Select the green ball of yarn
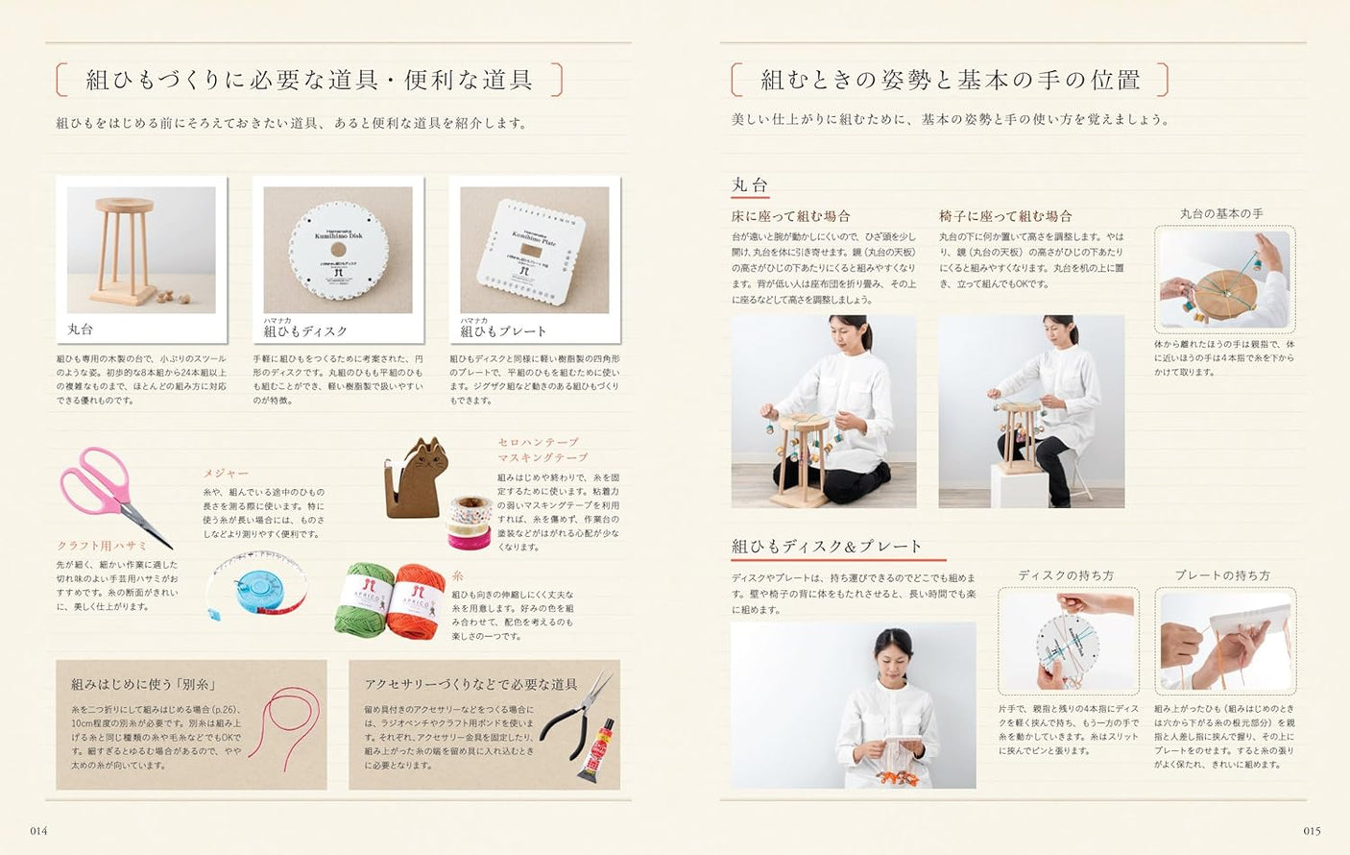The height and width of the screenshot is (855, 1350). [365, 599]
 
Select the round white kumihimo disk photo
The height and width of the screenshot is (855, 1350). [338, 250]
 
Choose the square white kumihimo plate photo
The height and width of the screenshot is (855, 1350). [534, 250]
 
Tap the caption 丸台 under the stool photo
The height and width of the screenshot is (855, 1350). [81, 330]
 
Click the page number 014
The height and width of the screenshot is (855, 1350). [38, 831]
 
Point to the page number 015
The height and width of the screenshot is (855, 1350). [1312, 831]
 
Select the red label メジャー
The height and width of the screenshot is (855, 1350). [226, 474]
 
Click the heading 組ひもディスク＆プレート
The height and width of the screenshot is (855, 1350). [827, 547]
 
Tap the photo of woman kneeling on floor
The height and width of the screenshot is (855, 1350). [823, 411]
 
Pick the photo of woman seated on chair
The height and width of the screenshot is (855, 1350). [1031, 411]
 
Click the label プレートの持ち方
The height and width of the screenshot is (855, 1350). [1222, 575]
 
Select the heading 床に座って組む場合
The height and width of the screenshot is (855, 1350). [790, 216]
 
